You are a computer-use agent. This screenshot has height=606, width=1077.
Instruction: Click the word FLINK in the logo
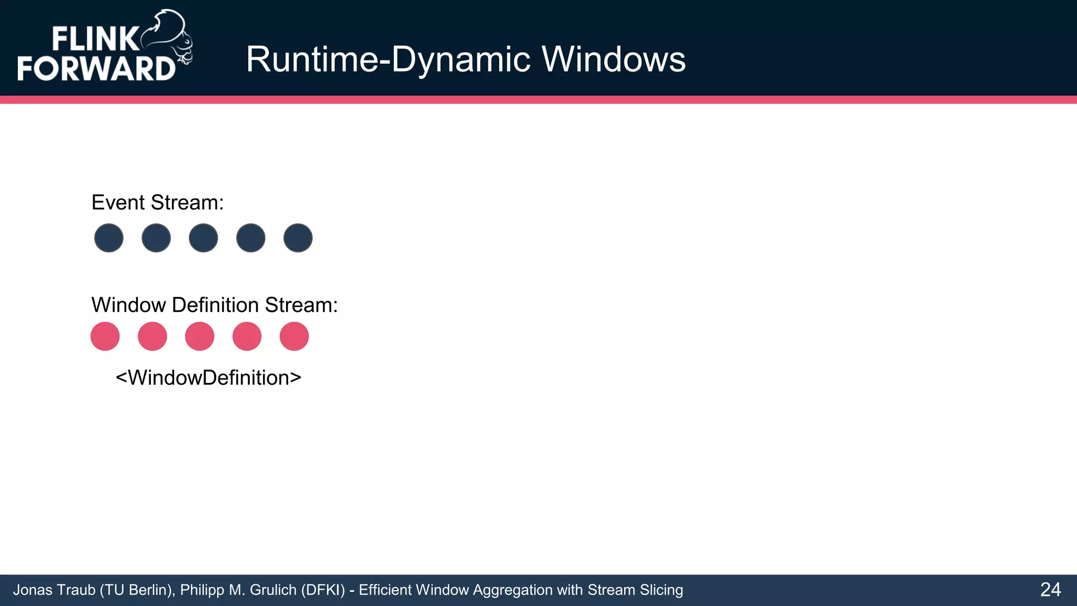[x=95, y=39]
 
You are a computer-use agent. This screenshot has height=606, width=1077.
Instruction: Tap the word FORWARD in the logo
[x=96, y=69]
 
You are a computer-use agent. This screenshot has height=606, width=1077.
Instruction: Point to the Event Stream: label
[x=158, y=203]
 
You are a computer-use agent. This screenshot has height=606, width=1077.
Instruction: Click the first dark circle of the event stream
[x=109, y=238]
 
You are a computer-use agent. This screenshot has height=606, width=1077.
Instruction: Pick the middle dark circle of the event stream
[x=204, y=238]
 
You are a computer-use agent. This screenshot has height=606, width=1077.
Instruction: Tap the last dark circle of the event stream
[x=298, y=238]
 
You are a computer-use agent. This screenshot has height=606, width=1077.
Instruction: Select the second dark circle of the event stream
[x=156, y=238]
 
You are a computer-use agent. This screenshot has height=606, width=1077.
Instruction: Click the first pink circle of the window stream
[x=105, y=336]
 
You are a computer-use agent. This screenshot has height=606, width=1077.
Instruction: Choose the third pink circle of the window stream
[x=200, y=336]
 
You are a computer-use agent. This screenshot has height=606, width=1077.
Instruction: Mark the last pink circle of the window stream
[x=294, y=336]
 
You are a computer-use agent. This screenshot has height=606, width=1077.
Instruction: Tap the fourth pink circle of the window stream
[x=247, y=336]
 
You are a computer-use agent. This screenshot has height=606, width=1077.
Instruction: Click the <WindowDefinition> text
[x=208, y=378]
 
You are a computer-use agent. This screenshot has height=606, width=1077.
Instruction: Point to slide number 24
[x=1050, y=590]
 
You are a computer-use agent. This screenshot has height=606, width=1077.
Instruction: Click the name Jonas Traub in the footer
[x=54, y=590]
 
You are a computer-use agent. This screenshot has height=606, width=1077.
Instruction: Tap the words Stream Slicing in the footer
[x=635, y=590]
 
